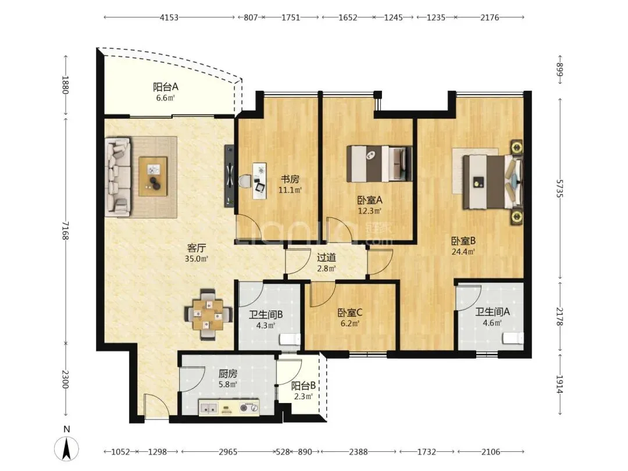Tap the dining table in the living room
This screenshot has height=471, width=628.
coord(208,315)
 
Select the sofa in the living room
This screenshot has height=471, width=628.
coord(117,177)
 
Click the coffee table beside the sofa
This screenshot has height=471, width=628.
coord(153,177)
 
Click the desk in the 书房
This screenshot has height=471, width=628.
coord(259,181)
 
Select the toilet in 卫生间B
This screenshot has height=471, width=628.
coord(290,339)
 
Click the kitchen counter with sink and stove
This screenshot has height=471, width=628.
coord(229,407)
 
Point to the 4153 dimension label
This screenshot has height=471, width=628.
coord(169,17)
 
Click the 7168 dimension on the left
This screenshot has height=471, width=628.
coord(66,231)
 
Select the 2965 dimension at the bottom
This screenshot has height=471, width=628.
coord(228,452)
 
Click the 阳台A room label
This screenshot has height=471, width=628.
coord(165,87)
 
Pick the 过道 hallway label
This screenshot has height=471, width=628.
coord(326,258)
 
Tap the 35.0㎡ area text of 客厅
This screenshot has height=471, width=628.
coord(197,259)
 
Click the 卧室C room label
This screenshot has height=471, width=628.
coord(350,312)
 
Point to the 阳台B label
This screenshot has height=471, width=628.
coord(303,386)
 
